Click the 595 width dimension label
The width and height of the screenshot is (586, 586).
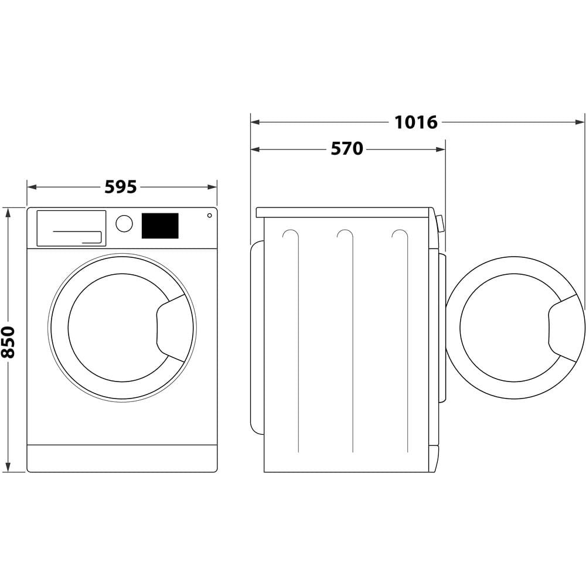121,187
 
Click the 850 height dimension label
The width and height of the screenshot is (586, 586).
8,342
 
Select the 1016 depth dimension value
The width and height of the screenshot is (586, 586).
415,122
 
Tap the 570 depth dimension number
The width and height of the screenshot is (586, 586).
347,149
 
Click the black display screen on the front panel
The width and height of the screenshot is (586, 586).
160,226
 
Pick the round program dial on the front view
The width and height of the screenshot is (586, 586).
124,223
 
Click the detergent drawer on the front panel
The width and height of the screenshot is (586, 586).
71,228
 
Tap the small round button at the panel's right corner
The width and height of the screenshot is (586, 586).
209,215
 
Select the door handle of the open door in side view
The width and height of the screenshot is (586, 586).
564,328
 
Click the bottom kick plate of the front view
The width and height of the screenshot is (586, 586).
122,458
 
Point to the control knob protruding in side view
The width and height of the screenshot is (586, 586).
440,223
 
